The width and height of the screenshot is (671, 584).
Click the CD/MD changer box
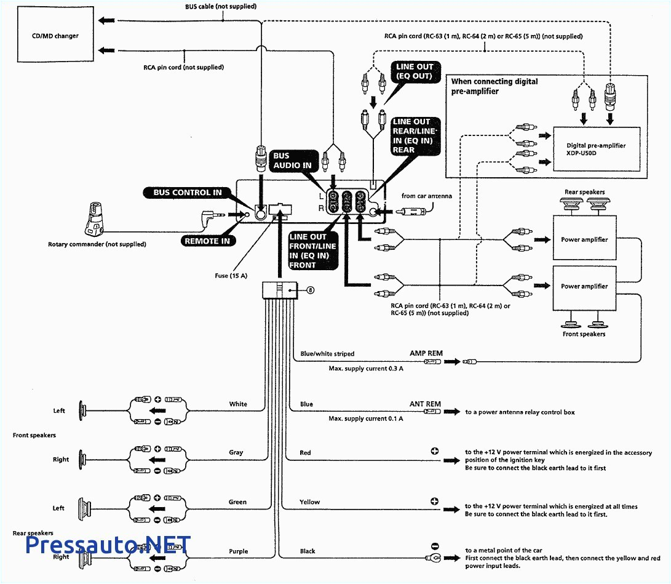55,36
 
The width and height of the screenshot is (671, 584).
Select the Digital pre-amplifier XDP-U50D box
596,150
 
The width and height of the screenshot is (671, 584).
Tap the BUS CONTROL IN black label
188,193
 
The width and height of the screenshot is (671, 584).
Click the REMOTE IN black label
207,241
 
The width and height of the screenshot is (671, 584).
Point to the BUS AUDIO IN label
293,161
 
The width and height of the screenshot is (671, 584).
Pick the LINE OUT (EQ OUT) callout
414,71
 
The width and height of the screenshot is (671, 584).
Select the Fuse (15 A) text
231,276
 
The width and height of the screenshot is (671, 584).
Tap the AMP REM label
426,354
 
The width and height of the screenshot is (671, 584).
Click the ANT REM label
425,404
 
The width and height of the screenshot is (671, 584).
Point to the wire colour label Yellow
309,502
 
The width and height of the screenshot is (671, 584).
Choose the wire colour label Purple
238,551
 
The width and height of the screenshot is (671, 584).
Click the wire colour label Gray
236,452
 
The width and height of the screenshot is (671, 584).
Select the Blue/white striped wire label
327,354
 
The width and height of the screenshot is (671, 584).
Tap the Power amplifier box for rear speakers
584,239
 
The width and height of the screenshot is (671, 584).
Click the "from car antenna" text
427,196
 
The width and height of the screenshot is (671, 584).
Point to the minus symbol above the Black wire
435,546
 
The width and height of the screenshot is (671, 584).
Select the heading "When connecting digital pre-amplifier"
494,86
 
